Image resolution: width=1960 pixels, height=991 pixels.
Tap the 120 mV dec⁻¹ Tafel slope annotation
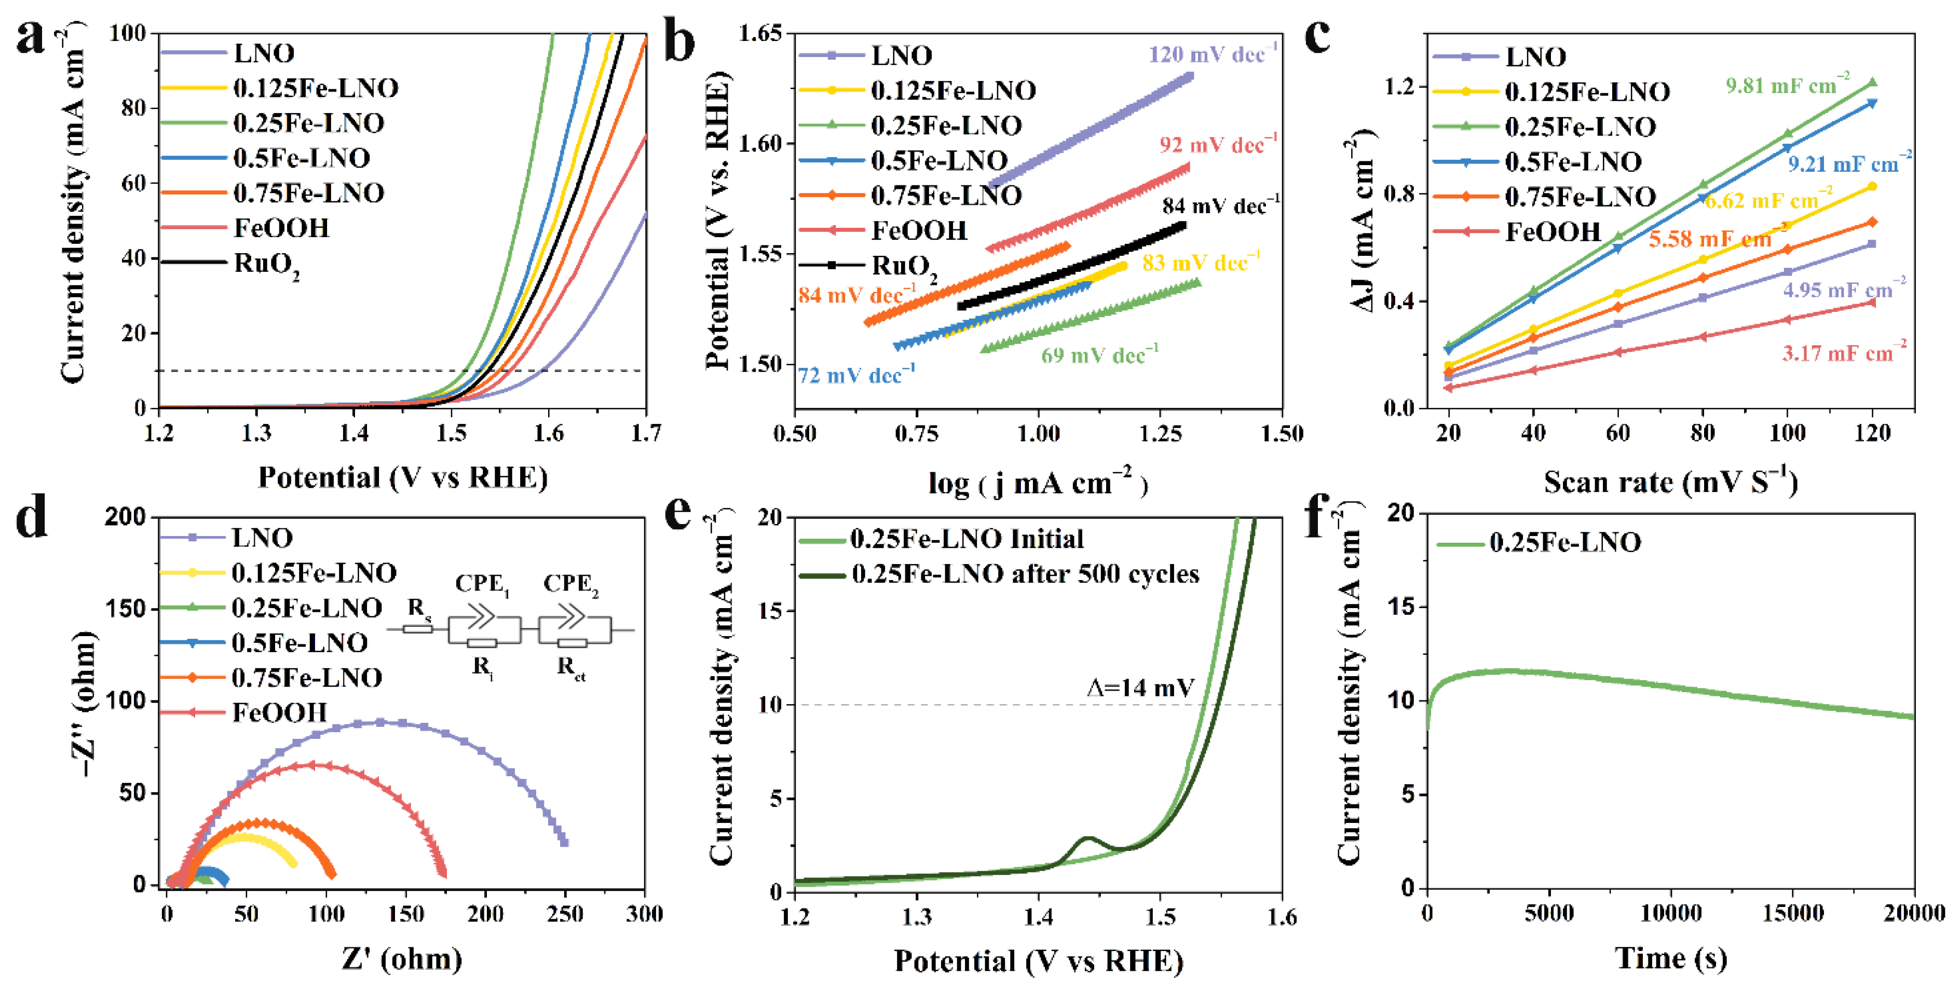1212,55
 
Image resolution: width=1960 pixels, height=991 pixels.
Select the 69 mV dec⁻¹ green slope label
1099,355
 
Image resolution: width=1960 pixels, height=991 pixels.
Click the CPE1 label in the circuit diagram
482,585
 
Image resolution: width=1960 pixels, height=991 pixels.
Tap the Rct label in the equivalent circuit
570,667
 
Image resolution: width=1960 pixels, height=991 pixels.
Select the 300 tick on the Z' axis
644,913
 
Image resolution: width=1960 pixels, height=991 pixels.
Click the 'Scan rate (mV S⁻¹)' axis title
1670,482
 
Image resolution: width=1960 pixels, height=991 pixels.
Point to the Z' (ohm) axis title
401,959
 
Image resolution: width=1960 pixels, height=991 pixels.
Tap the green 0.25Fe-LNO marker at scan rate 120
1872,82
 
